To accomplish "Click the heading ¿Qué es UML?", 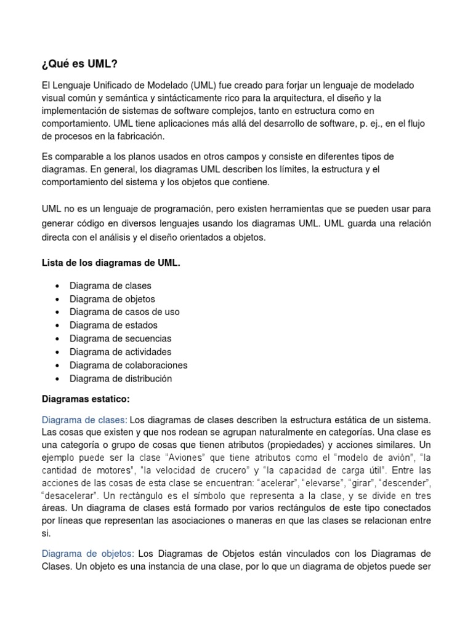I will [x=78, y=64].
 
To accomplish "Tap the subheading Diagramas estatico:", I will [x=86, y=398].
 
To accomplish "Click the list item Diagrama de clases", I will [x=110, y=285].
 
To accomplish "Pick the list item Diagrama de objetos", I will [x=112, y=299].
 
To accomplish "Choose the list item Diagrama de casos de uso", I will [x=124, y=312].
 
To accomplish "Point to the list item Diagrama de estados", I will [x=113, y=325].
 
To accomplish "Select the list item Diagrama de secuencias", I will [x=120, y=338].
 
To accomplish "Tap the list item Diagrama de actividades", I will [x=120, y=352].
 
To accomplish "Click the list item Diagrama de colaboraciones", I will [x=128, y=365].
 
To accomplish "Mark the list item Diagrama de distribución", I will [x=121, y=378].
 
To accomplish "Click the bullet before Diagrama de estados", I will [x=57, y=325].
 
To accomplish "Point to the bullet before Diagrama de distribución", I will [x=57, y=379].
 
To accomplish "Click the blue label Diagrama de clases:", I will [x=84, y=420].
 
